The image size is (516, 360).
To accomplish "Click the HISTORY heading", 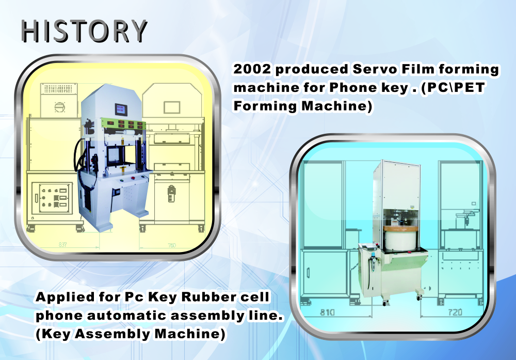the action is pyautogui.click(x=84, y=31).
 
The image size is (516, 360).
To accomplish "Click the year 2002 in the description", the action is pyautogui.click(x=252, y=69).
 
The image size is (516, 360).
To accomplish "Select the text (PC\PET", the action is pyautogui.click(x=453, y=88).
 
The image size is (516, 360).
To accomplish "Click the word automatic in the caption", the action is pyautogui.click(x=126, y=315).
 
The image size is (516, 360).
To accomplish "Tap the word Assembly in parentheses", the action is pyautogui.click(x=112, y=334).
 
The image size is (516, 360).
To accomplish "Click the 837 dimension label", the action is pyautogui.click(x=62, y=245).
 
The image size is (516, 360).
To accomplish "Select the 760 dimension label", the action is pyautogui.click(x=172, y=245).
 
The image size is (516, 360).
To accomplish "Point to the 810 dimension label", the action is pyautogui.click(x=327, y=312).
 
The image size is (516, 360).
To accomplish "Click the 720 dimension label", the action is pyautogui.click(x=455, y=312).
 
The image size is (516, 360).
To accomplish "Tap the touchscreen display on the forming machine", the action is pyautogui.click(x=121, y=109).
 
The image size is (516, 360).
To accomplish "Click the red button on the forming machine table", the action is pyautogui.click(x=133, y=178).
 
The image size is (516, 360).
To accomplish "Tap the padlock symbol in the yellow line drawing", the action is pyautogui.click(x=171, y=194).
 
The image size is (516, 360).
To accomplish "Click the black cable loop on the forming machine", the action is pyautogui.click(x=78, y=155).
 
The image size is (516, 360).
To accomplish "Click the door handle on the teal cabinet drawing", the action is pyautogui.click(x=308, y=273).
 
